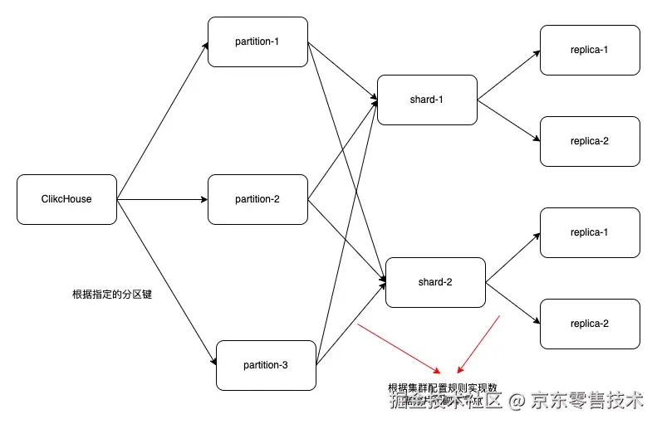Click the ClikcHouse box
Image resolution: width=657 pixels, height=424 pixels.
click(66, 199)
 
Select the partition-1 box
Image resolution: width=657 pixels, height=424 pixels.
click(257, 41)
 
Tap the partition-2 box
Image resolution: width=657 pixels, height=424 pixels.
click(257, 199)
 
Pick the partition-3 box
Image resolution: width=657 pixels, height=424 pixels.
click(266, 365)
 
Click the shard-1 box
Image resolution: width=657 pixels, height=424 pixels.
click(427, 100)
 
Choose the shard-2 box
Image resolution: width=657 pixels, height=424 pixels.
click(435, 282)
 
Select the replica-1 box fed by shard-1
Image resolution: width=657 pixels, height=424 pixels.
click(590, 50)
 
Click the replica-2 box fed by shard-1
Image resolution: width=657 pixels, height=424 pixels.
click(590, 141)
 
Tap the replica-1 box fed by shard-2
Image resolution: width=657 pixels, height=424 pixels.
click(590, 232)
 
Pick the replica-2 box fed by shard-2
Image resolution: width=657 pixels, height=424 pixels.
click(590, 324)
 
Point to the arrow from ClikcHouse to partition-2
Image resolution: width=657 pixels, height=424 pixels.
click(162, 199)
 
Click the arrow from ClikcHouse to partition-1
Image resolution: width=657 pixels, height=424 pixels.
click(163, 120)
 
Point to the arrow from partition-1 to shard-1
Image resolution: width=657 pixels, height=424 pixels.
click(342, 71)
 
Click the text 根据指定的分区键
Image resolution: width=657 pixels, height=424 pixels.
click(112, 295)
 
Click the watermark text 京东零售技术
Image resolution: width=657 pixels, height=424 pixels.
click(587, 402)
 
